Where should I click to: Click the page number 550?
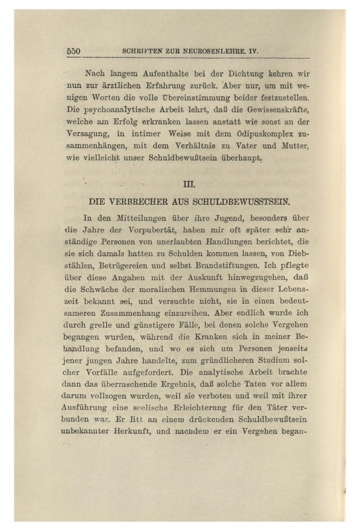[x=74, y=51]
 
